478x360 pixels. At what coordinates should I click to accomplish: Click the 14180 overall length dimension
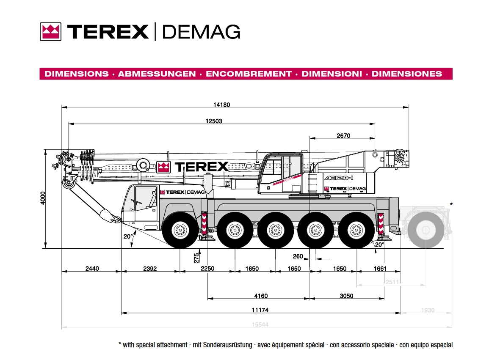coord(221,105)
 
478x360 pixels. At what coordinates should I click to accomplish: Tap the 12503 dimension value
coord(214,121)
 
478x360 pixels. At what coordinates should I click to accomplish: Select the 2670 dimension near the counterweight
coord(343,136)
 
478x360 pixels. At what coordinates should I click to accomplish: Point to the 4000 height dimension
coord(43,198)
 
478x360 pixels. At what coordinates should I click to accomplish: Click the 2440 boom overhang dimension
coord(92,269)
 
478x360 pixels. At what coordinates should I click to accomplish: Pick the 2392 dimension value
coord(150,269)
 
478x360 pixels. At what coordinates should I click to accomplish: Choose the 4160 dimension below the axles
coord(261,296)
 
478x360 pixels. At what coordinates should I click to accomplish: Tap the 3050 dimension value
coord(346,296)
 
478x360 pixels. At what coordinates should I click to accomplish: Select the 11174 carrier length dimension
coord(260,311)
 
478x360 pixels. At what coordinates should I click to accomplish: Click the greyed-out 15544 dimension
coord(260,324)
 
